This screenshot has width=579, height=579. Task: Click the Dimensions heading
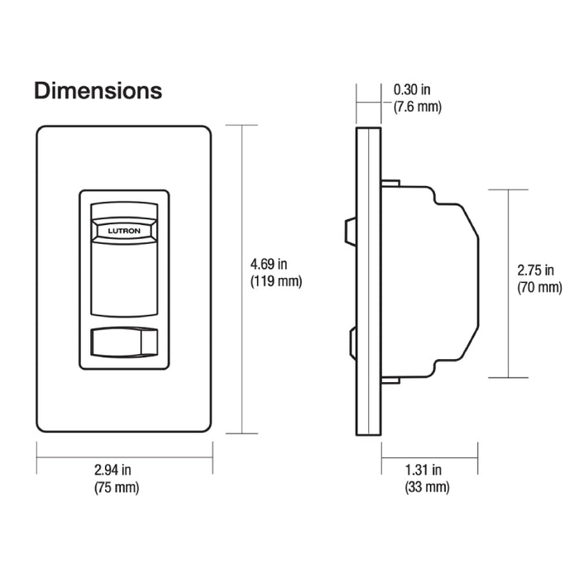coord(98,90)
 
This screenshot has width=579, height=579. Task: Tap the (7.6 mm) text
coord(418,107)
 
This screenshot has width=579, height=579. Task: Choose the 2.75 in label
coord(535,270)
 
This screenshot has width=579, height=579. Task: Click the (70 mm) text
coord(538,288)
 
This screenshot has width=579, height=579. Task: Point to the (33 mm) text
coord(427,487)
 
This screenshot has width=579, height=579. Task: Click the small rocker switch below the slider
coord(122,342)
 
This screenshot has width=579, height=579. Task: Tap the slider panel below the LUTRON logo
coord(122,277)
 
